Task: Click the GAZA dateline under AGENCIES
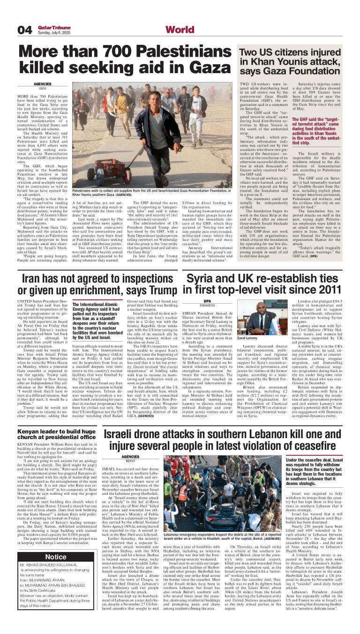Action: [x=43, y=88]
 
